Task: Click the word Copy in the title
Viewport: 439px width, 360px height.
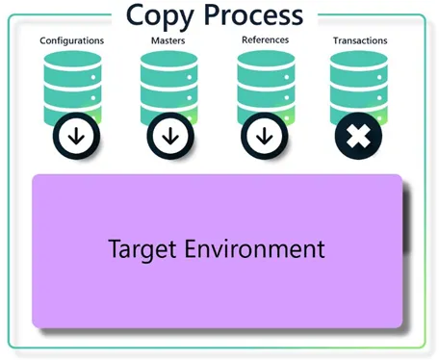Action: (160, 17)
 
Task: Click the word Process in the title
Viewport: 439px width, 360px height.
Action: (253, 15)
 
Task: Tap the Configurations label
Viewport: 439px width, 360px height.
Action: (72, 40)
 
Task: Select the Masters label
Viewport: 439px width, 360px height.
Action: (168, 40)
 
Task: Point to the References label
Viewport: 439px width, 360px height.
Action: (266, 39)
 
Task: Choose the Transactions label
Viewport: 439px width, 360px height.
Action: (360, 40)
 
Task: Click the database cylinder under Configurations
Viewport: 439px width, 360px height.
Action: (73, 87)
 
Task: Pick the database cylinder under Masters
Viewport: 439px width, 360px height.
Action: (169, 87)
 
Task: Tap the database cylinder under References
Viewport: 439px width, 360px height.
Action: (266, 87)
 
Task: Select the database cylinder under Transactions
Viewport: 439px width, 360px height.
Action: (359, 87)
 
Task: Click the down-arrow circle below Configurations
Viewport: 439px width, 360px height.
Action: (76, 136)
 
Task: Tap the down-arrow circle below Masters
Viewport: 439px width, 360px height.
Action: (170, 136)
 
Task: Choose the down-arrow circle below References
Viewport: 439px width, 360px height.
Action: (265, 136)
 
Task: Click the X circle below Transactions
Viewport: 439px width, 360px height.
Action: (358, 136)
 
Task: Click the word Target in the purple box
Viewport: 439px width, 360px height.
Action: (142, 250)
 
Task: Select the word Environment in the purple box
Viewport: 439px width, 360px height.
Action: (255, 248)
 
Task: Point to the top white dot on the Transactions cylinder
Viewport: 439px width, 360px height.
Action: (379, 77)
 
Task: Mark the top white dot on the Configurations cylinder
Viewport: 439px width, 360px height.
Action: (93, 77)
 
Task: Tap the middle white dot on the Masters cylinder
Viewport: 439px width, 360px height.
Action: (190, 98)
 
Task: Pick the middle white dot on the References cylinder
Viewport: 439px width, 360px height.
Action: (287, 97)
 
